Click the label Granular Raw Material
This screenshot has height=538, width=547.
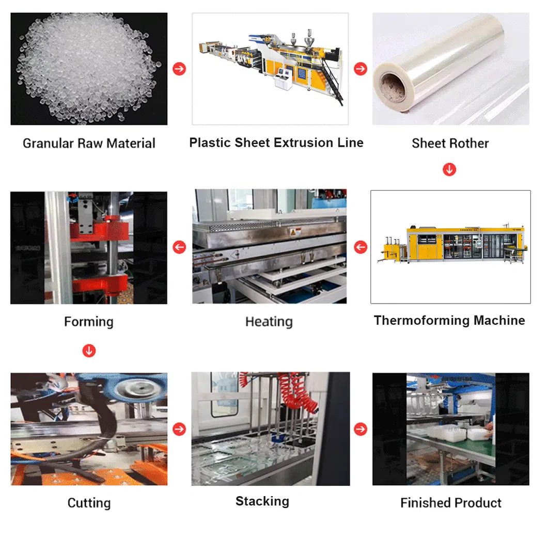click(x=89, y=144)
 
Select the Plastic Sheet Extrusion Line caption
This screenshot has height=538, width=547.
click(x=276, y=143)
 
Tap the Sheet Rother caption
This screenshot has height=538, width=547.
click(x=450, y=144)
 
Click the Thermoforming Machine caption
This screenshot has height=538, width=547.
click(x=449, y=321)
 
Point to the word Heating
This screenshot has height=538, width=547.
click(x=269, y=322)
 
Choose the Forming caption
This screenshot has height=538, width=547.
click(x=88, y=322)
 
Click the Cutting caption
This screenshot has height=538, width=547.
click(x=89, y=503)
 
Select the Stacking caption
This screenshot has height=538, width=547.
click(x=262, y=501)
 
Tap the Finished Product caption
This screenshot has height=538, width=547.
click(x=450, y=503)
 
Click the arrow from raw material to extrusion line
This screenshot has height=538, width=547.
click(x=179, y=68)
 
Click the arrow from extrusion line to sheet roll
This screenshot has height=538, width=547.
click(x=360, y=68)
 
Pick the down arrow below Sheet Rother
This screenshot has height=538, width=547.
click(x=449, y=169)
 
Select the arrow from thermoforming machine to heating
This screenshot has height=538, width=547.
click(x=360, y=247)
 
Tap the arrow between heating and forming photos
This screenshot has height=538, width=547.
click(x=179, y=247)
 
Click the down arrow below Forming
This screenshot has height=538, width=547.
click(x=89, y=351)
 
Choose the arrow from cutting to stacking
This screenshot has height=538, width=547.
click(x=179, y=429)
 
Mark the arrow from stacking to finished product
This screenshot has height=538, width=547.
click(x=360, y=429)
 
